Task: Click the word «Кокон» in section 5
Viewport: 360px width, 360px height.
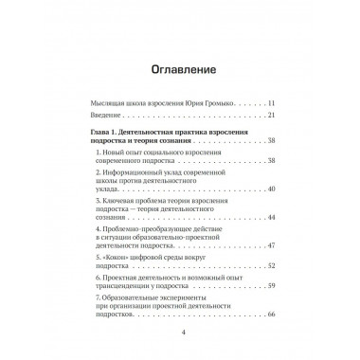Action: [x=120, y=260]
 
